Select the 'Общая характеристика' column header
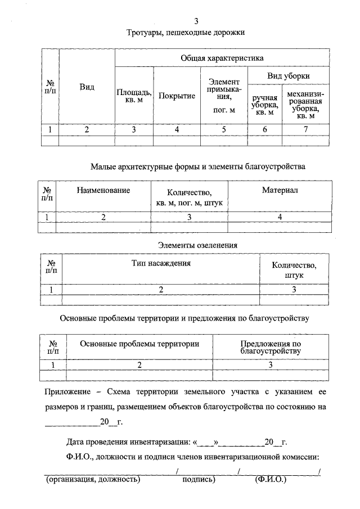[222, 58]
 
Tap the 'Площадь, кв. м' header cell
[133, 96]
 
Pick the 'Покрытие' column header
[177, 96]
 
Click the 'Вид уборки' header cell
[288, 76]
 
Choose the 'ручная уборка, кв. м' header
[265, 105]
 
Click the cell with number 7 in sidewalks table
[305, 130]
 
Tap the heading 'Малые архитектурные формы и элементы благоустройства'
[197, 166]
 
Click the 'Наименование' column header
[103, 191]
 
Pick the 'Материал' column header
[280, 191]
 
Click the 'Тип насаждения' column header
[161, 263]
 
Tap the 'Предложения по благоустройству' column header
[271, 346]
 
